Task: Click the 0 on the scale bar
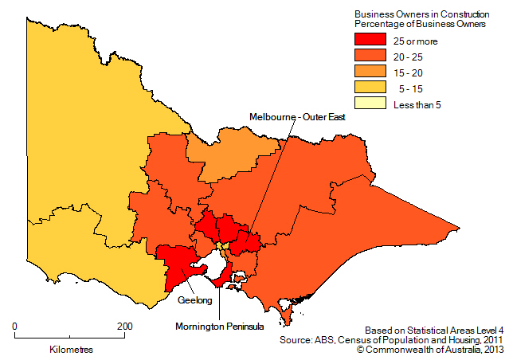tap(15, 326)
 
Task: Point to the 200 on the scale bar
tap(124, 326)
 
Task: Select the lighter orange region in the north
tap(231, 151)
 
